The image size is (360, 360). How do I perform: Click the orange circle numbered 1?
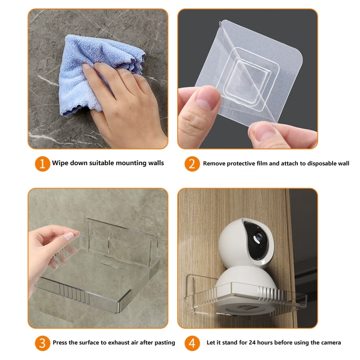click(42, 164)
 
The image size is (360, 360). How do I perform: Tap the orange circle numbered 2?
click(192, 164)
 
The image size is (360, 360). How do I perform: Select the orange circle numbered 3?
click(42, 343)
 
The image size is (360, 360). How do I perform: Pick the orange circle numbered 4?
click(192, 343)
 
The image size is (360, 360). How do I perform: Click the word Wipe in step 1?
click(60, 163)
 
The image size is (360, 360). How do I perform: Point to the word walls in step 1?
click(156, 163)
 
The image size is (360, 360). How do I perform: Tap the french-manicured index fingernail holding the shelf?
click(70, 236)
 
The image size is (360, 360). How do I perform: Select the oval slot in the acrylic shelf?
click(112, 264)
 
